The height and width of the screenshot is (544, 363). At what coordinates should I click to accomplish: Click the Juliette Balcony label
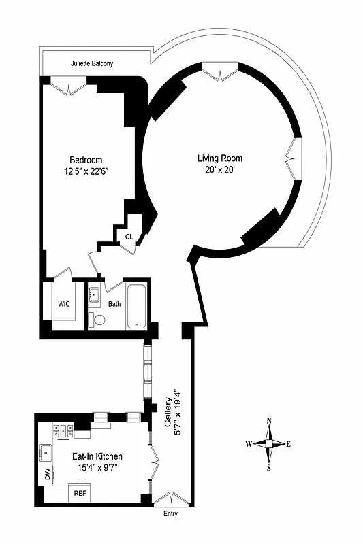pos(92,64)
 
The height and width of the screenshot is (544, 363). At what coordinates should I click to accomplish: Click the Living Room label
pos(217,158)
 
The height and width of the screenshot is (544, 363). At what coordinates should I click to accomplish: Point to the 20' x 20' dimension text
pos(217,169)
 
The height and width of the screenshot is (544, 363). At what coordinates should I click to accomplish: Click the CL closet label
pos(129,237)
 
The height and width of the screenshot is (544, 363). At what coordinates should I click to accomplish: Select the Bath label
pos(114,304)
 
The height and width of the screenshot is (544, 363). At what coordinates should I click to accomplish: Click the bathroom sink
pos(95,296)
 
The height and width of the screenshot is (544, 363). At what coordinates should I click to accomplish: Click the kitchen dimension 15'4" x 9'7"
pos(97,468)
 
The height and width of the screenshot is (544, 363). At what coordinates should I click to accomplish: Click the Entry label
pos(170,513)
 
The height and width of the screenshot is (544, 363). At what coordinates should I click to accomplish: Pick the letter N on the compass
pos(269,420)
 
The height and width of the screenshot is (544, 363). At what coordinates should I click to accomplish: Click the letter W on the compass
pos(249,444)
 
